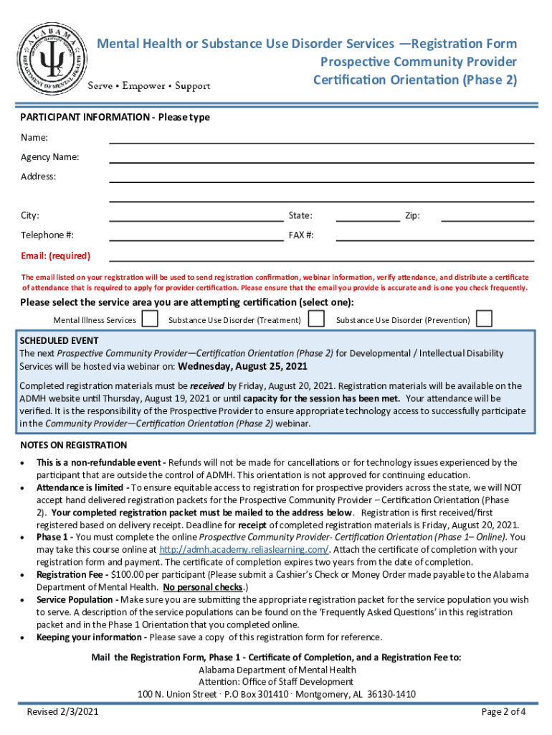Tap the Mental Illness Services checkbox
[x=150, y=319]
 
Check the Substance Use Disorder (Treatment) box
[x=316, y=319]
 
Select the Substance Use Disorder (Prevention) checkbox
[x=485, y=319]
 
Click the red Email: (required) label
[x=55, y=256]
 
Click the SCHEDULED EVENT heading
[x=59, y=340]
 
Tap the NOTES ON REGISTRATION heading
[x=73, y=445]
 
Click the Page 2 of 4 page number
[x=504, y=712]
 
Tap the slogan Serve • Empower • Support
[x=148, y=86]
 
